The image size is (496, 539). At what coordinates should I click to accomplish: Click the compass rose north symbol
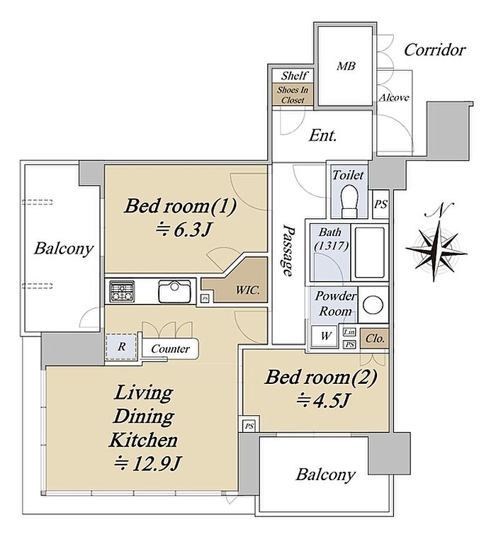point(436,246)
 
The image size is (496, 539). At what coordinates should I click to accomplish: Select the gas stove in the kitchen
point(122,291)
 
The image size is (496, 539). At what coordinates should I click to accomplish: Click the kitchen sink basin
point(174,291)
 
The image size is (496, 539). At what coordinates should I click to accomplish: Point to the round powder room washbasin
point(373,305)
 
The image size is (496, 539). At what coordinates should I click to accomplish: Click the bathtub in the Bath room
point(370,252)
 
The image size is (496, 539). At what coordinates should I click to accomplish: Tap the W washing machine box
point(325,335)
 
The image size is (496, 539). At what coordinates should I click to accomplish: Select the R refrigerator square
point(121,346)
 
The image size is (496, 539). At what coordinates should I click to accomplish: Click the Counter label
point(170,349)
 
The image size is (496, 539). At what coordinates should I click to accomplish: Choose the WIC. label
point(248,290)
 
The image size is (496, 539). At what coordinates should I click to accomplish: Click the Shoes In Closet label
point(293,95)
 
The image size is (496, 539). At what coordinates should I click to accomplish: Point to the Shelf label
point(294,75)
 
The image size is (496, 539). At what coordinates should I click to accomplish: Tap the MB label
point(346,66)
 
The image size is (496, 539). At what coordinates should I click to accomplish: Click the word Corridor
point(435,50)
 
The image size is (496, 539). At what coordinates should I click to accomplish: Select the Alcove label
point(394,98)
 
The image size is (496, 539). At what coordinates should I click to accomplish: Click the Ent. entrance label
point(322,135)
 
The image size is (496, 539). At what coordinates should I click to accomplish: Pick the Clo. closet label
point(375,339)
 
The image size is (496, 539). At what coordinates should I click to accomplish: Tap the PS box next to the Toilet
point(381,205)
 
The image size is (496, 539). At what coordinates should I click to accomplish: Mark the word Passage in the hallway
point(288,250)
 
